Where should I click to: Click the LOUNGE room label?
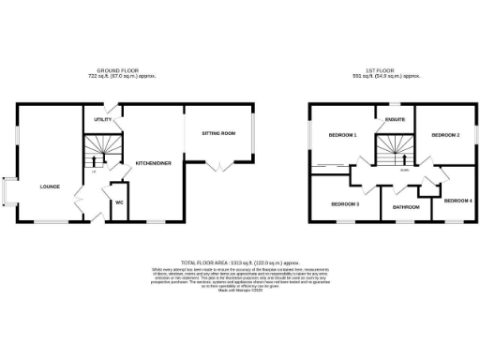point(50,187)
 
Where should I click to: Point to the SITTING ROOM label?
point(218,134)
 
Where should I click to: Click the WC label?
point(119,203)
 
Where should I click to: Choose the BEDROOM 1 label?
point(342,136)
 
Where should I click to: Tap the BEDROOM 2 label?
point(444,136)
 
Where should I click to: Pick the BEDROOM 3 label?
point(345,203)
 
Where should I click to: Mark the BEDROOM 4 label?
point(457,201)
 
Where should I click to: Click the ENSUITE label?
point(393,119)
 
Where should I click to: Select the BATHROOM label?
point(406,207)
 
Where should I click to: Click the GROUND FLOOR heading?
point(118,70)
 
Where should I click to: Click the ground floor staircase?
point(99,148)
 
